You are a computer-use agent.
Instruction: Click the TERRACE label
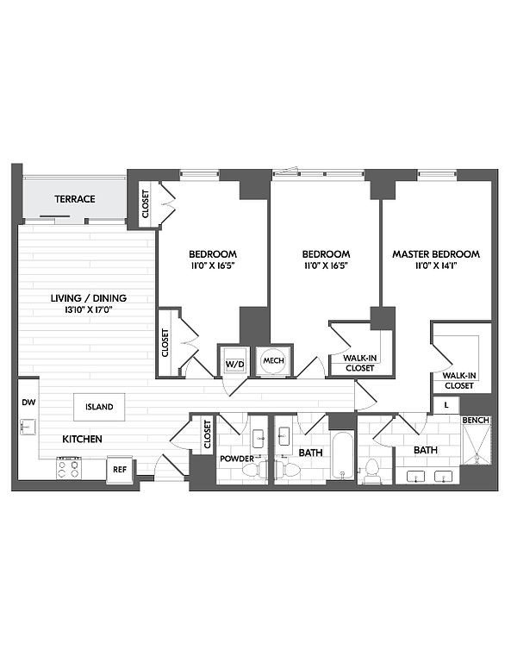click(x=75, y=199)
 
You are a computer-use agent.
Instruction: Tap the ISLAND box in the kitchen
click(x=99, y=407)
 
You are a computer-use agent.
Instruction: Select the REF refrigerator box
click(x=120, y=470)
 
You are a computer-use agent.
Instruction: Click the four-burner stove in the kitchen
click(x=69, y=468)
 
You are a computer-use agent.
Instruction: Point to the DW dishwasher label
click(x=28, y=403)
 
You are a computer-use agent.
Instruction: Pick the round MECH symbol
click(x=273, y=360)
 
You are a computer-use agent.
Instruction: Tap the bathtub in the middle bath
click(x=342, y=455)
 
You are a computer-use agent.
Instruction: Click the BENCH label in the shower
click(x=476, y=420)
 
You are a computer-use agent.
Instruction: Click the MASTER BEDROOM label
click(x=436, y=254)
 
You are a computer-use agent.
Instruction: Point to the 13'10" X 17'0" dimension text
click(x=88, y=309)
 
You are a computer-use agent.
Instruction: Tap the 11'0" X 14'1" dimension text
click(x=436, y=265)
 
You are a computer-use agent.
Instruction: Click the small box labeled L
click(x=446, y=405)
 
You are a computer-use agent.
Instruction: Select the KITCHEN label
click(x=82, y=439)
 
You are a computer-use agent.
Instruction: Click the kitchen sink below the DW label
click(x=28, y=427)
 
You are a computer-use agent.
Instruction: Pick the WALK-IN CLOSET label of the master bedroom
click(x=459, y=380)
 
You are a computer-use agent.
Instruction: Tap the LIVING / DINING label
click(x=89, y=298)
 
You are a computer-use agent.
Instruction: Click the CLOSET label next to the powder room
click(x=207, y=434)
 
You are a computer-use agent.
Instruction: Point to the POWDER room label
click(x=237, y=459)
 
